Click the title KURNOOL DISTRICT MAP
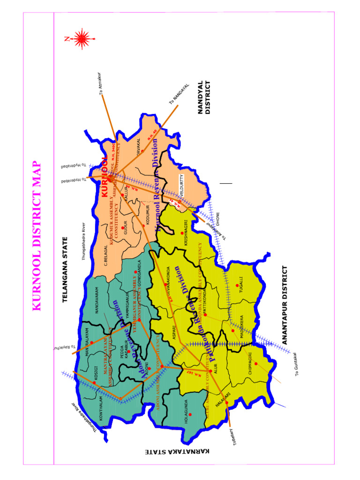tap(37, 237)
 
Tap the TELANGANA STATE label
tap(66, 270)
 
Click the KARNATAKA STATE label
tap(177, 451)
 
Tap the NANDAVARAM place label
tap(97, 300)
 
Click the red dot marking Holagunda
tap(190, 414)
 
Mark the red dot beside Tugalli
tap(237, 285)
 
